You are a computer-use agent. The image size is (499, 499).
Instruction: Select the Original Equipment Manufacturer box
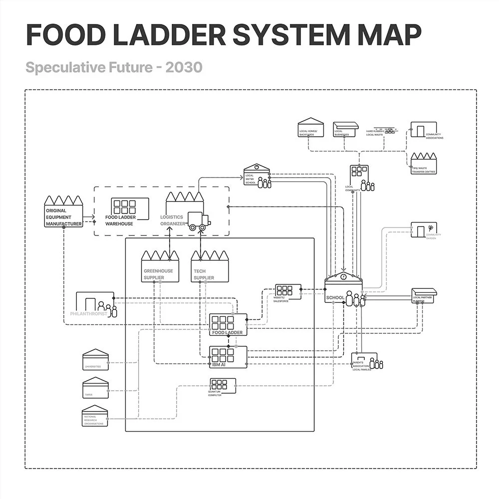click(63, 212)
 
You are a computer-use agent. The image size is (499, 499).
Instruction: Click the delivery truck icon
click(199, 221)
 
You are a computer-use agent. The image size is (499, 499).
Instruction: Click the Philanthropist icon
click(95, 304)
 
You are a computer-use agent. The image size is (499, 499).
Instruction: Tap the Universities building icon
click(96, 359)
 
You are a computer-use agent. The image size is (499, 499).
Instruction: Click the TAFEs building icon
click(96, 387)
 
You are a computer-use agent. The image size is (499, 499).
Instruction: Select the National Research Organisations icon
click(95, 416)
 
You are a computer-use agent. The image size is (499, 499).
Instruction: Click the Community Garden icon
click(424, 230)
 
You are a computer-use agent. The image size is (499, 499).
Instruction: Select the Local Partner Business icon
click(424, 295)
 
